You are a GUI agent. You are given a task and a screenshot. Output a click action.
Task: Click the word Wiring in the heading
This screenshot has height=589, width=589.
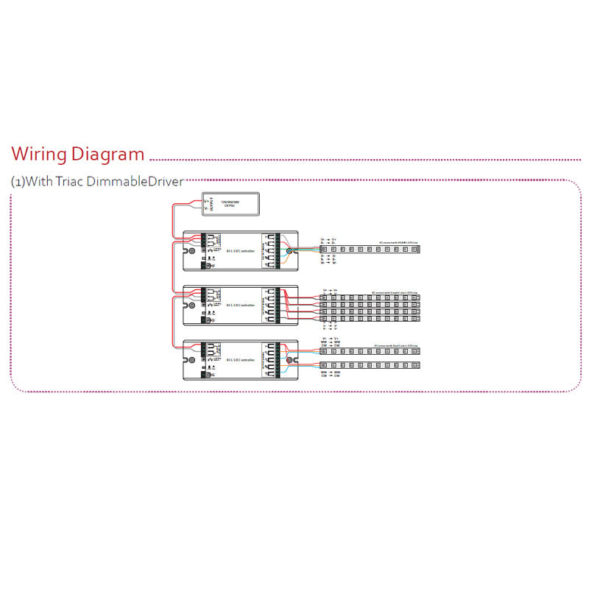(x=38, y=155)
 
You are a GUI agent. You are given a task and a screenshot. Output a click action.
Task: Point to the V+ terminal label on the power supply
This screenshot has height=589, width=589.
(x=205, y=197)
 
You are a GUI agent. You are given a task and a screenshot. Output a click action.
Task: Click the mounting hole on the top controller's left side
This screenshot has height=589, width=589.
(x=192, y=251)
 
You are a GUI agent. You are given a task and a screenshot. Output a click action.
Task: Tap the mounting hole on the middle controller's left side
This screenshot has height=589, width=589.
(x=192, y=304)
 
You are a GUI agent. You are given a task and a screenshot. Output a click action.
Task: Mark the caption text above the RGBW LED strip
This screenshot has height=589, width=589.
(x=398, y=241)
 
